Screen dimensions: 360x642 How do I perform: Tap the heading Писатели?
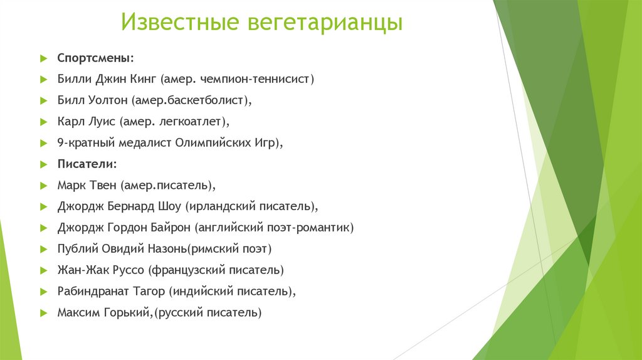point(87,164)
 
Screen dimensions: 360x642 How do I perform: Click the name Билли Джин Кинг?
point(107,79)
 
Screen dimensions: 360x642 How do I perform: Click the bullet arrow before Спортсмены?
point(43,58)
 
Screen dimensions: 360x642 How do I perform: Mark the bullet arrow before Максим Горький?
point(43,312)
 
